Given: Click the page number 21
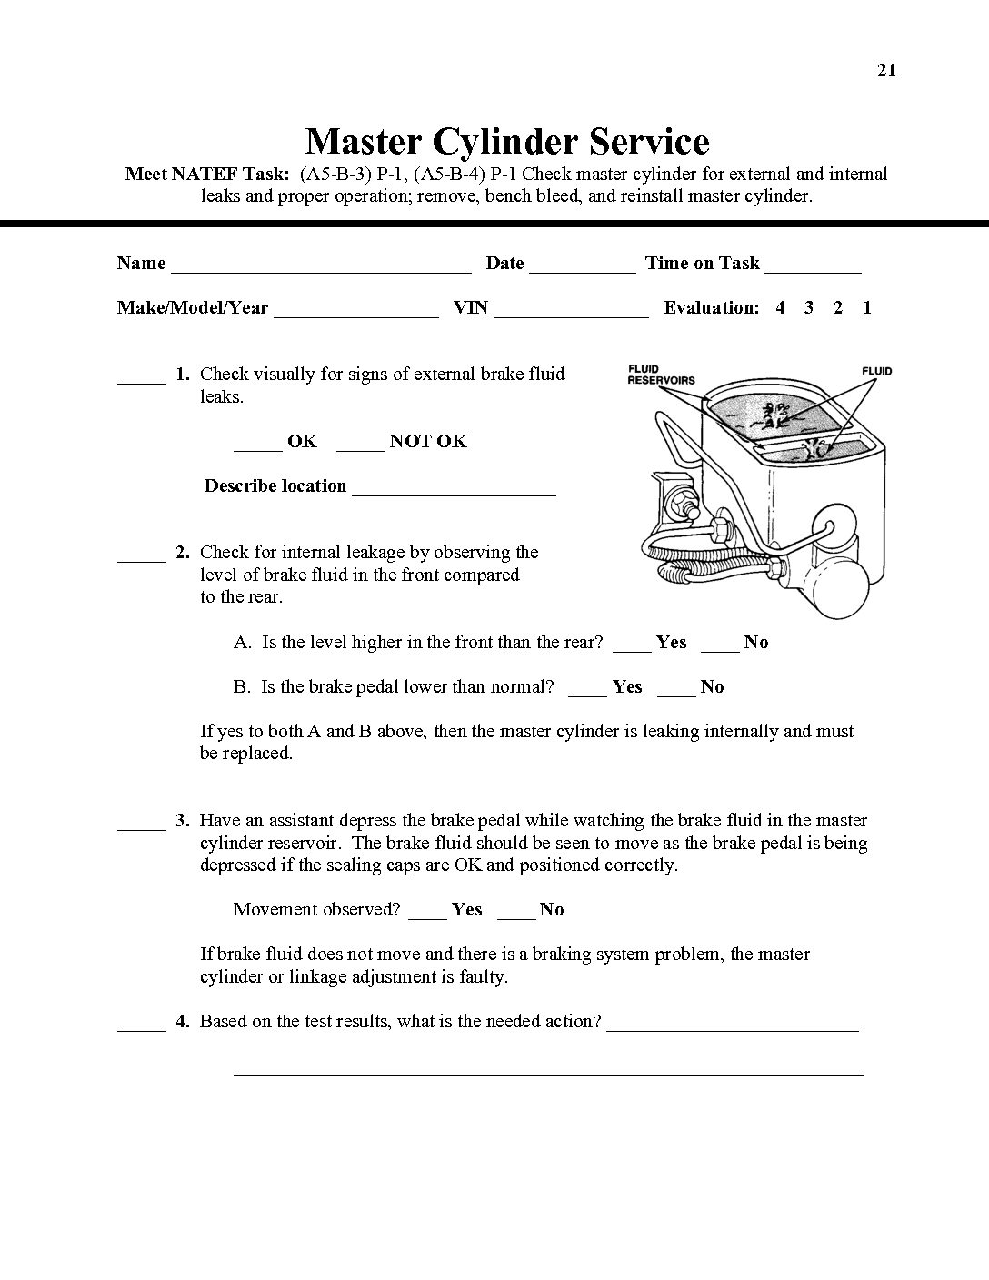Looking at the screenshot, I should pyautogui.click(x=887, y=71).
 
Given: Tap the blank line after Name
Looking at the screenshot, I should pyautogui.click(x=321, y=269).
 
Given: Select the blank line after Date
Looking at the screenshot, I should pyautogui.click(x=582, y=269).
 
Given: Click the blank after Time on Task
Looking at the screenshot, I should pyautogui.click(x=813, y=269).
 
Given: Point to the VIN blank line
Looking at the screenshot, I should pyautogui.click(x=571, y=314).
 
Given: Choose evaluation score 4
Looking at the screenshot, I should pyautogui.click(x=780, y=308).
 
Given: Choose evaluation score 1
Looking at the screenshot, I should pyautogui.click(x=867, y=308).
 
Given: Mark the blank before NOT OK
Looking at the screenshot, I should pyautogui.click(x=360, y=447).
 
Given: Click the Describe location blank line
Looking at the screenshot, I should pyautogui.click(x=454, y=493).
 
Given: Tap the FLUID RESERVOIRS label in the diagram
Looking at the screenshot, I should pyautogui.click(x=661, y=375).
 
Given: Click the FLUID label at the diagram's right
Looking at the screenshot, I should pyautogui.click(x=876, y=371).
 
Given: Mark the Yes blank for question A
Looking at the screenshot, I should pyautogui.click(x=632, y=648).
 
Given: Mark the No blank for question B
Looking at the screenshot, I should pyautogui.click(x=675, y=693).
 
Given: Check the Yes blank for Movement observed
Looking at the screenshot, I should pyautogui.click(x=427, y=915).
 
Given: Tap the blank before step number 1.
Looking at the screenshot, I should pyautogui.click(x=142, y=381).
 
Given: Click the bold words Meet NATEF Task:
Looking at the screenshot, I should pyautogui.click(x=207, y=175).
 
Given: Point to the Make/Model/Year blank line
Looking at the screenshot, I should pyautogui.click(x=355, y=314).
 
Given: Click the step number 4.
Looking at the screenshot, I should pyautogui.click(x=183, y=1022).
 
